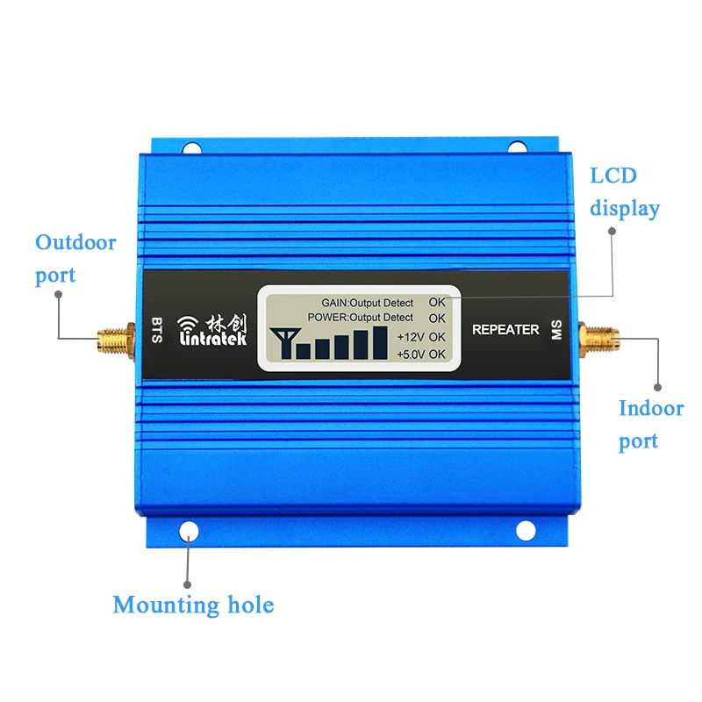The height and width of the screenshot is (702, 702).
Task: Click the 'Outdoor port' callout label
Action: (x=75, y=258)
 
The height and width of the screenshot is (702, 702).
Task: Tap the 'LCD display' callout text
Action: (x=625, y=191)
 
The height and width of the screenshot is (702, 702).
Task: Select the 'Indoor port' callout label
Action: (x=650, y=424)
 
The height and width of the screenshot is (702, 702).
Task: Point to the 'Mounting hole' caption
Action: (x=193, y=605)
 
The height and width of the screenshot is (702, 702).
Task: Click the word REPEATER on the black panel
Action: (x=505, y=330)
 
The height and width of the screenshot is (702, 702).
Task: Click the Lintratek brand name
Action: (x=214, y=339)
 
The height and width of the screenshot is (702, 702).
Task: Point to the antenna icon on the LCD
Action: (x=283, y=340)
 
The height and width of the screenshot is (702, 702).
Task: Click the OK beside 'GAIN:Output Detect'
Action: (x=437, y=303)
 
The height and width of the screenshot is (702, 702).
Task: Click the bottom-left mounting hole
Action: (x=189, y=532)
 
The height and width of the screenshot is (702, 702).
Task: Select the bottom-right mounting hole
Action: (x=525, y=531)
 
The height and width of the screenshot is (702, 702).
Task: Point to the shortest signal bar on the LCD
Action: (x=303, y=351)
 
